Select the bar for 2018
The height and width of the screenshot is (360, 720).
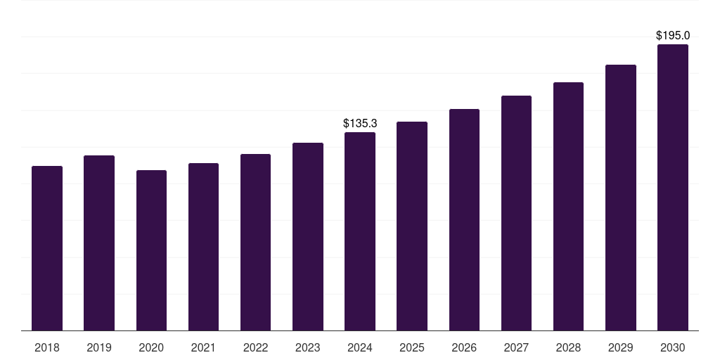coord(47,248)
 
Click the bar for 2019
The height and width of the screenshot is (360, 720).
coord(99,243)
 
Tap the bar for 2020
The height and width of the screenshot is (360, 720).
coord(151,250)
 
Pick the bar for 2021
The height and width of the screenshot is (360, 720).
coord(203,247)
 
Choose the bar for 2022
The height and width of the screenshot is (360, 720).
coord(255,243)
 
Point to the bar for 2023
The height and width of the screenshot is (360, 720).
coord(308,237)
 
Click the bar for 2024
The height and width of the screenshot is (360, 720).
coord(360,231)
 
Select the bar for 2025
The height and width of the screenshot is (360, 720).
coord(412,226)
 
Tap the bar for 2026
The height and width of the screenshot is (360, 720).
coord(464,220)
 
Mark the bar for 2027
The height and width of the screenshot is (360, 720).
coord(516,213)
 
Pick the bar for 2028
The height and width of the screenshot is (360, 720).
coord(568,207)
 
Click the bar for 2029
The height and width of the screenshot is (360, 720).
coord(621,198)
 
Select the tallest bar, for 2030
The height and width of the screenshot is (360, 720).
coord(673,188)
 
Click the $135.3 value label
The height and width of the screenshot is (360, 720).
coord(360,123)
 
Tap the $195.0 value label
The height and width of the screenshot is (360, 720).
coord(673,35)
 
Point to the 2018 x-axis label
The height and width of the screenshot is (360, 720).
coord(47,347)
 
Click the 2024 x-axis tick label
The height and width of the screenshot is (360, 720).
coord(360,347)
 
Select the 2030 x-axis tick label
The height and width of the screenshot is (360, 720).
coord(673,347)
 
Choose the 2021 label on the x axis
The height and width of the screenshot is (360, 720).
coord(203,347)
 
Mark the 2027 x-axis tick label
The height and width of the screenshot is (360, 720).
coord(516,347)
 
